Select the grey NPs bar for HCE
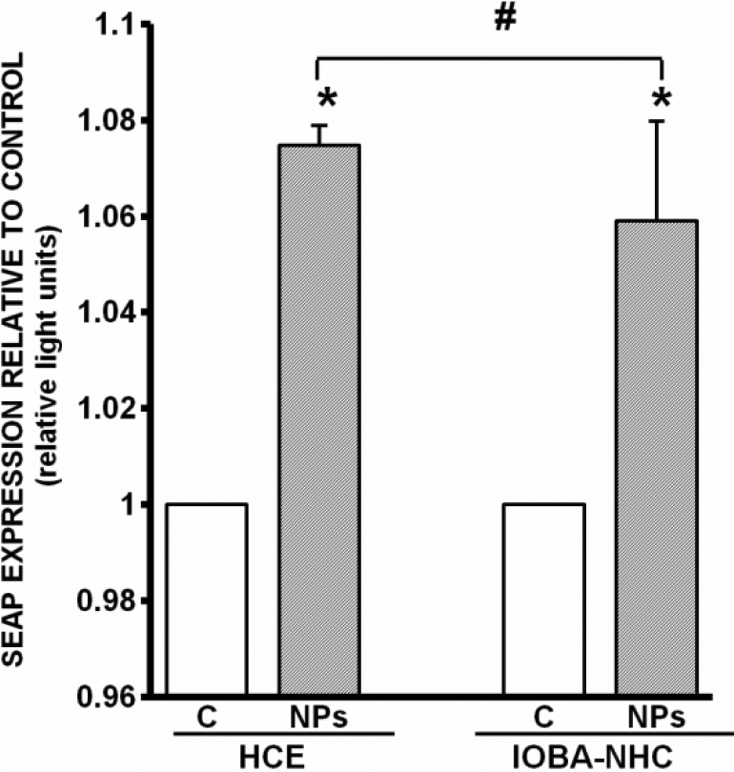coord(319,419)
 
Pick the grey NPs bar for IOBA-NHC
coord(657,457)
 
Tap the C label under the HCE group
coord(207,717)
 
